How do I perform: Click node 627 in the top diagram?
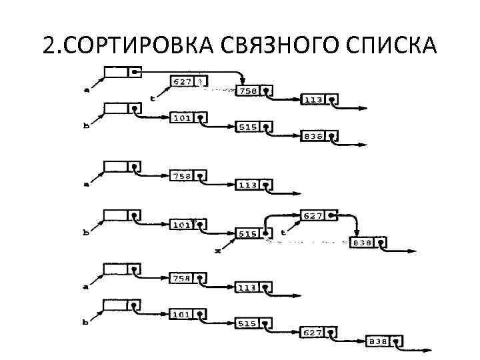click(x=182, y=81)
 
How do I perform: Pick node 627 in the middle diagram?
click(x=313, y=216)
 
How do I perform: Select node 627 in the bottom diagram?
click(x=313, y=331)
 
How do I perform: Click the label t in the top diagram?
click(x=153, y=97)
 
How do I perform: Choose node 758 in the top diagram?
click(x=247, y=91)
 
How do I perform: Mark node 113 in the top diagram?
click(x=313, y=99)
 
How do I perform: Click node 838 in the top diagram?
click(x=313, y=136)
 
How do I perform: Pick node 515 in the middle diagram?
click(x=247, y=233)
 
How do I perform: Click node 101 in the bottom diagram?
click(x=182, y=313)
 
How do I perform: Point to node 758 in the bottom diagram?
click(x=182, y=277)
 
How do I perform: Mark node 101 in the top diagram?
click(x=182, y=118)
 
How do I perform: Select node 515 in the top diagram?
click(x=247, y=127)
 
